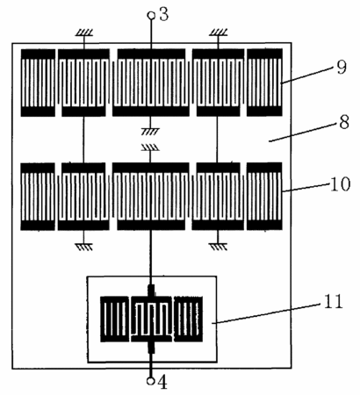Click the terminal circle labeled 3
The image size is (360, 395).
tap(151, 15)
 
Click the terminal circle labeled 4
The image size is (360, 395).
tap(151, 381)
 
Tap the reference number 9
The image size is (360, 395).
tap(342, 68)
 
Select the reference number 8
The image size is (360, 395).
tap(344, 122)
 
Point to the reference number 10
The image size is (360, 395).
tap(340, 184)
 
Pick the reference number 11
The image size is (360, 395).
tap(333, 301)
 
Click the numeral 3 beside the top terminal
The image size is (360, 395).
tap(164, 14)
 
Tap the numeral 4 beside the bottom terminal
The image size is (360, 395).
tap(162, 382)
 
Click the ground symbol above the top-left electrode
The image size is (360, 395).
tap(84, 32)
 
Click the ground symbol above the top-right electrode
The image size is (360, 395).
tap(219, 32)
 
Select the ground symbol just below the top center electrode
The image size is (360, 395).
tap(150, 131)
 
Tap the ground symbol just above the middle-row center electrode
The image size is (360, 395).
tap(150, 147)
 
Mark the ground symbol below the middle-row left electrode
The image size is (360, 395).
tap(83, 247)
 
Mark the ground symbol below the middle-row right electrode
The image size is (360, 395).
tap(218, 247)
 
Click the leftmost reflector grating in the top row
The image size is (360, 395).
tap(38, 83)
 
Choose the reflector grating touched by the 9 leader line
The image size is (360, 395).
tap(264, 83)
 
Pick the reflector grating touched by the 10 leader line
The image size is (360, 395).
tap(264, 197)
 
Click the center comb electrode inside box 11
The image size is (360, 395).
tap(151, 319)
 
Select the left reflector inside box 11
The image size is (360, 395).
tap(114, 320)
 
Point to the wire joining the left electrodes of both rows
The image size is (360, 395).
tap(83, 140)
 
